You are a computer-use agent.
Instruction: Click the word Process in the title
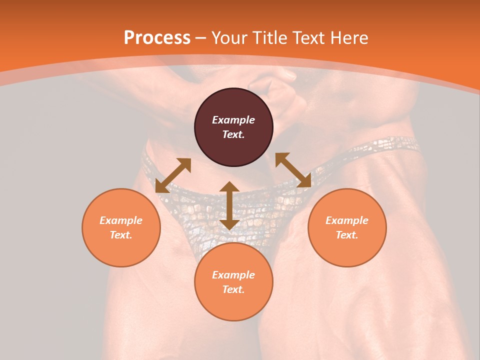click(x=157, y=38)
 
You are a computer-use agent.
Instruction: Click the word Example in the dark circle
click(x=233, y=120)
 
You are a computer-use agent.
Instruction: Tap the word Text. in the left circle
click(x=121, y=235)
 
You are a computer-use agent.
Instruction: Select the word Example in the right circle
click(x=347, y=220)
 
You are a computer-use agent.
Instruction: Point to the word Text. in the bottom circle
click(x=233, y=289)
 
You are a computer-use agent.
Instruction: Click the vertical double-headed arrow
click(x=229, y=205)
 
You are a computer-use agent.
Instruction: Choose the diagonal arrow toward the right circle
click(x=293, y=170)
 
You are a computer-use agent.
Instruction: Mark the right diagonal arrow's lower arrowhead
click(x=304, y=181)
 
